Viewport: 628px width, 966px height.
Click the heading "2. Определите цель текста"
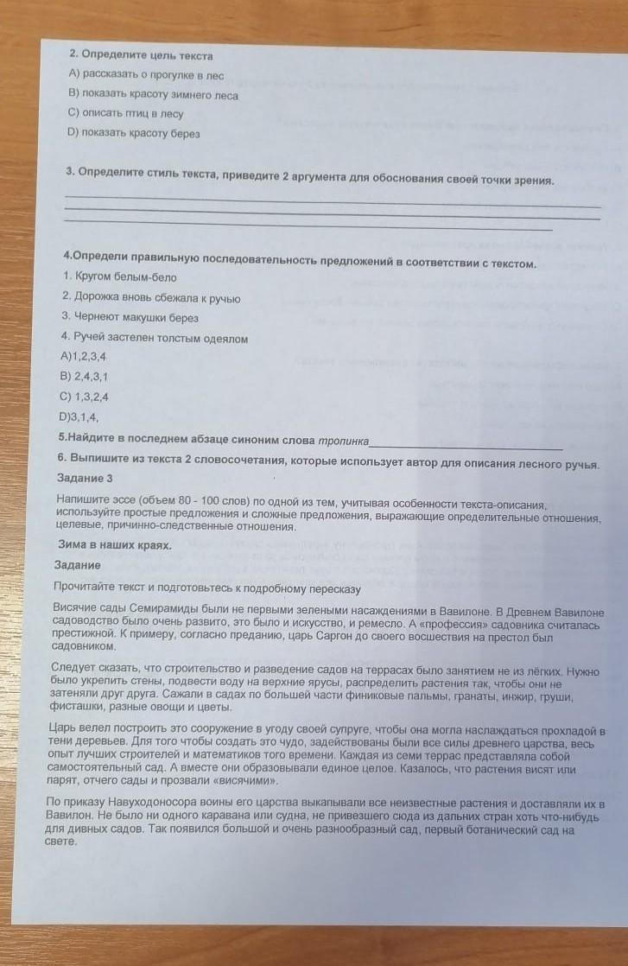coord(140,55)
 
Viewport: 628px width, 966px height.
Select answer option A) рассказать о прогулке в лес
coord(146,75)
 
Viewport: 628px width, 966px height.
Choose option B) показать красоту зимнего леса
coord(152,95)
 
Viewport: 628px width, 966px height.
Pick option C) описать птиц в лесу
coord(125,114)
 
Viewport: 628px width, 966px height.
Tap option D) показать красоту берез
coord(133,134)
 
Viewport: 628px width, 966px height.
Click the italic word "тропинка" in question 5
coord(342,440)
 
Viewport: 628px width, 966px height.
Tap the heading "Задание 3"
coord(85,478)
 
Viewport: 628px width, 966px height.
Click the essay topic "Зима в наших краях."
coord(113,545)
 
